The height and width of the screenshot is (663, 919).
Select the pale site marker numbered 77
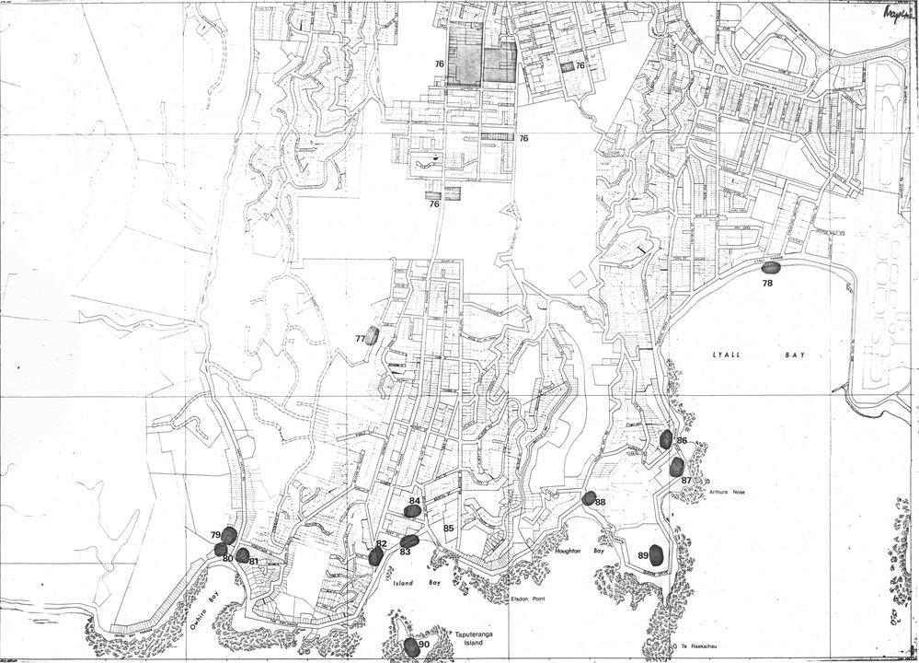coord(372,335)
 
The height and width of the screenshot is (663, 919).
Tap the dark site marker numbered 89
coord(656,554)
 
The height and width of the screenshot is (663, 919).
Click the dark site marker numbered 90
coord(411,646)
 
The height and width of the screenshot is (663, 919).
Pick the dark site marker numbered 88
coord(589,498)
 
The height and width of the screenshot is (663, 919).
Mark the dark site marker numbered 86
coord(665,438)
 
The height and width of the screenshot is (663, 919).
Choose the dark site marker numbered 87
coord(677,467)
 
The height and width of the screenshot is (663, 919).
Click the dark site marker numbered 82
coord(375,556)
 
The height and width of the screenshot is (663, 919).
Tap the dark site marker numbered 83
coord(410,541)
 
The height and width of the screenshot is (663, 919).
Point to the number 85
coord(449,529)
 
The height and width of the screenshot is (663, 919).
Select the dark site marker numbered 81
coord(242,555)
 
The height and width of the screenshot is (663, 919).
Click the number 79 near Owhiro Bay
coord(215,535)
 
